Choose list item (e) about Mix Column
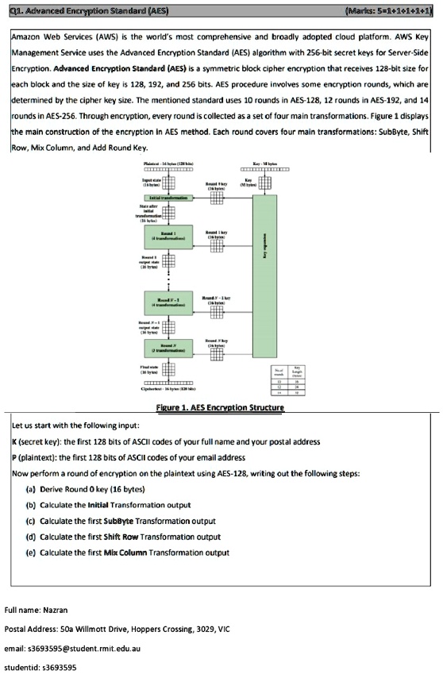tap(127, 553)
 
